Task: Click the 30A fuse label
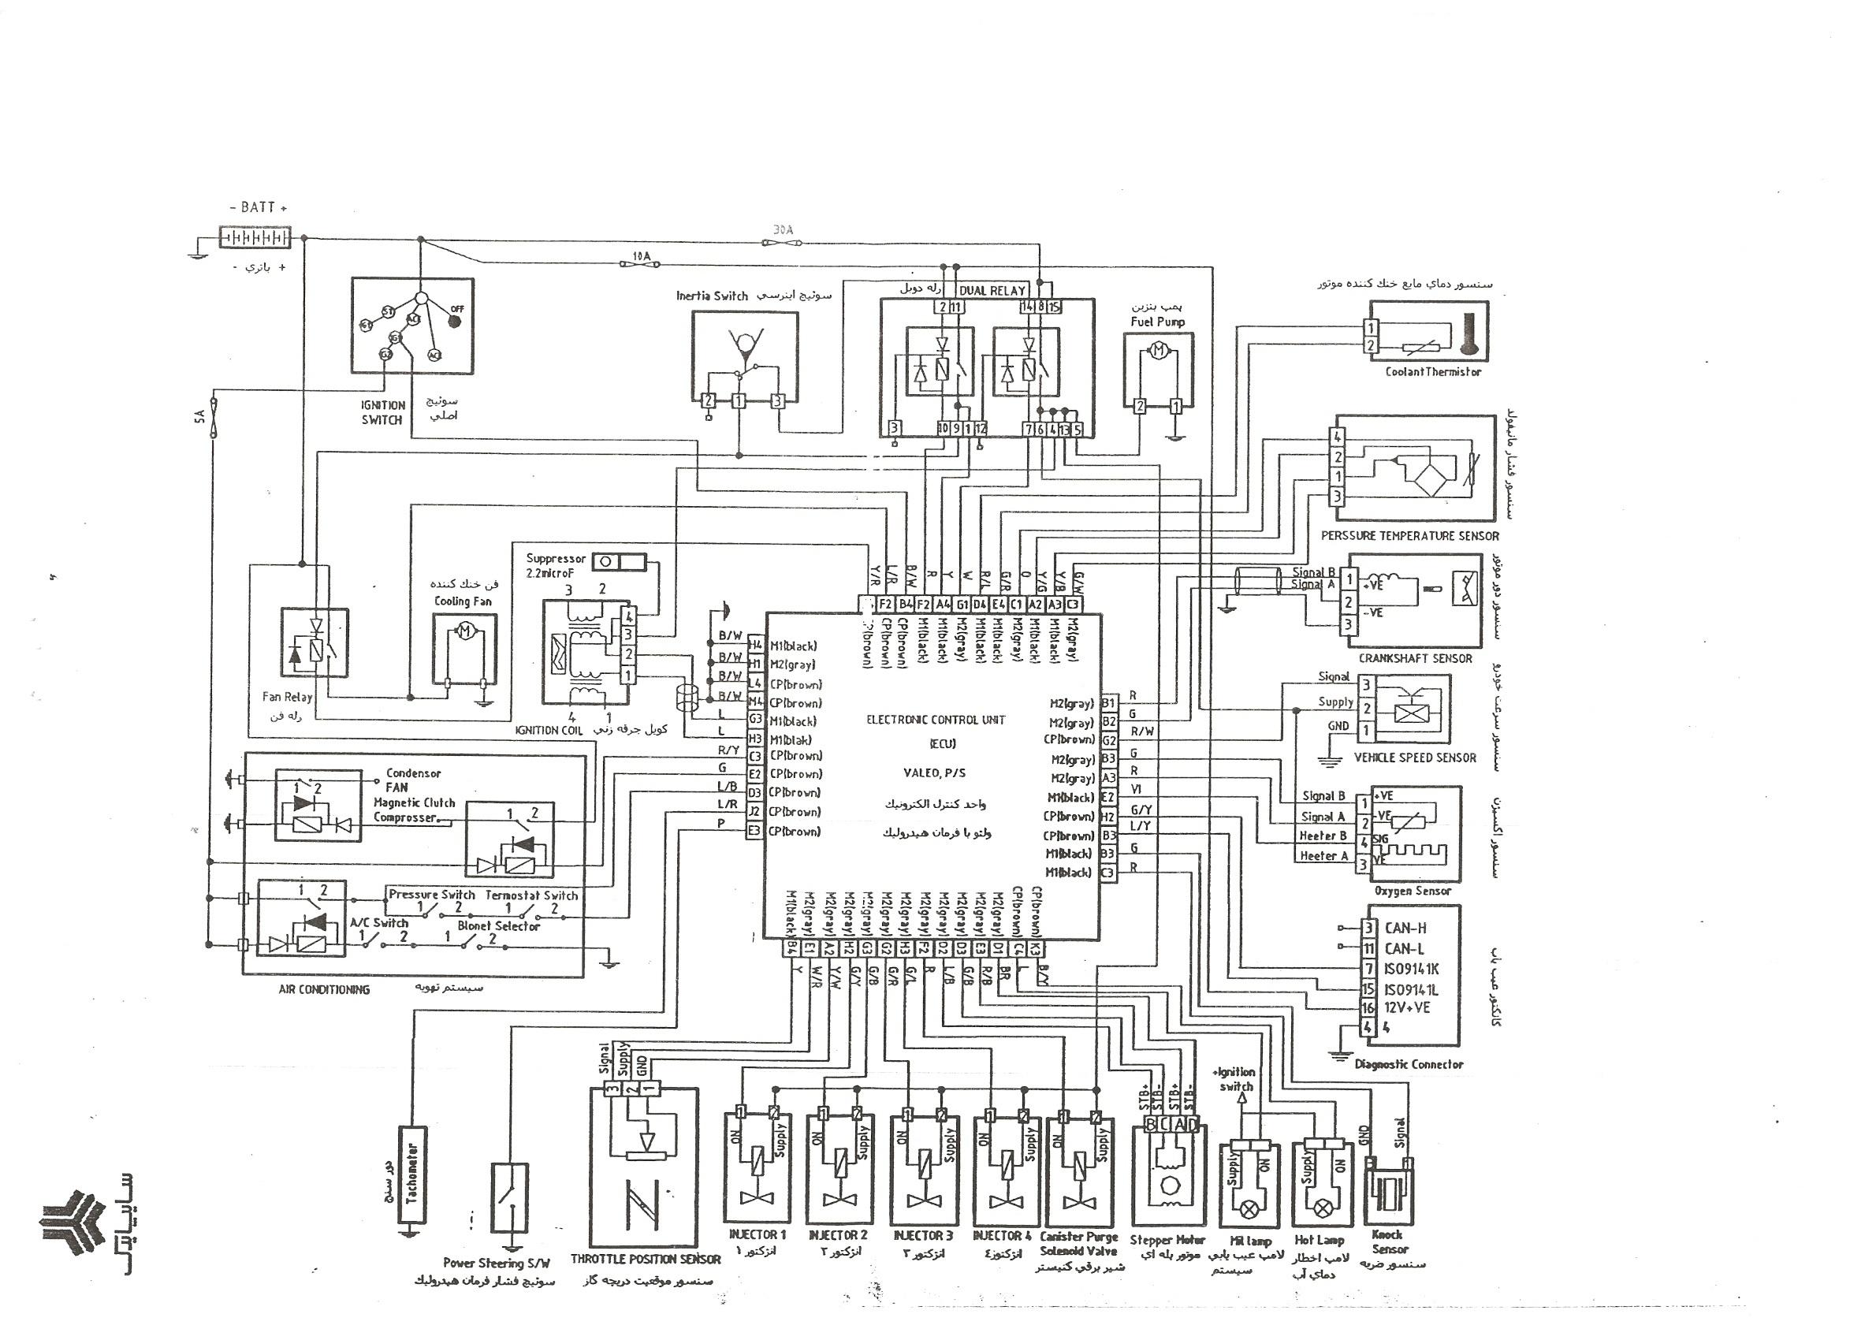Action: (782, 230)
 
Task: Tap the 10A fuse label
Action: (642, 256)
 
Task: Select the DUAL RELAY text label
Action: (992, 290)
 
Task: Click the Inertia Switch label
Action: (711, 296)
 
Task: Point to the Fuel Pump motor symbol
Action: (1158, 352)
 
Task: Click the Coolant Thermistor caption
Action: (1432, 372)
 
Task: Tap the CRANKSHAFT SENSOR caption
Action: (1415, 658)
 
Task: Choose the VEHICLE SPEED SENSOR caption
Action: (1415, 757)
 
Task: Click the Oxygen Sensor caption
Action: (1413, 891)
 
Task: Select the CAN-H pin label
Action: (1405, 927)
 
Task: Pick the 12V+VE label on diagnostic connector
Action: (1407, 1007)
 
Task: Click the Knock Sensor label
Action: (1390, 1241)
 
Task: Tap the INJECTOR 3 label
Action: (922, 1236)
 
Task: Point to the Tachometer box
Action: (411, 1174)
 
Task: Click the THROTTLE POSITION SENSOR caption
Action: (646, 1260)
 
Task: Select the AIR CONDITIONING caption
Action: (324, 989)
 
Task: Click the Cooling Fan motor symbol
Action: (464, 631)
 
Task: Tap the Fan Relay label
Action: (287, 697)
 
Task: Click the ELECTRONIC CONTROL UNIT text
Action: (936, 720)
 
